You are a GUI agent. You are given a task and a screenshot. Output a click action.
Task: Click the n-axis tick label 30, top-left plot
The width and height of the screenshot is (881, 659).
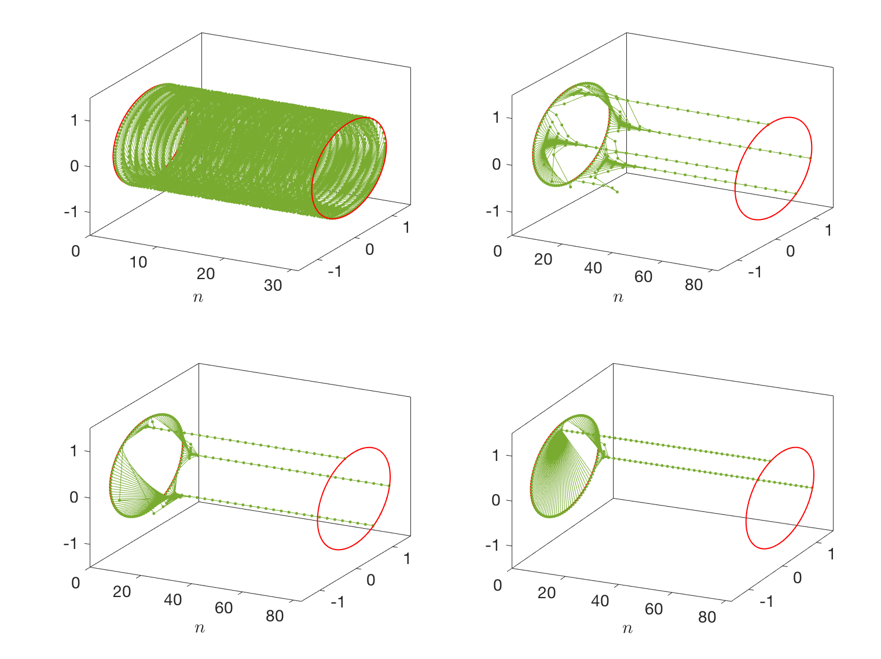[x=273, y=285]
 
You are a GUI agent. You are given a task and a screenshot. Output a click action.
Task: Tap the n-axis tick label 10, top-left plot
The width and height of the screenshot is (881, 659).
[x=138, y=262]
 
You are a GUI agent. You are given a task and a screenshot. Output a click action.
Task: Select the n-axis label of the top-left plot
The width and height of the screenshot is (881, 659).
[x=198, y=298]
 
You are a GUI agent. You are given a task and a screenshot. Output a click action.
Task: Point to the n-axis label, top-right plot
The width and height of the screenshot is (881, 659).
[x=618, y=298]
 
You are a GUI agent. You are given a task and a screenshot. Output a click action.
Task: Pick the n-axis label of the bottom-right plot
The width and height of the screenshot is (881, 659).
[x=627, y=628]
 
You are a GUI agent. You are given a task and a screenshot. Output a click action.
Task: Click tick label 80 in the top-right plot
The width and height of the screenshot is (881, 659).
[x=693, y=285]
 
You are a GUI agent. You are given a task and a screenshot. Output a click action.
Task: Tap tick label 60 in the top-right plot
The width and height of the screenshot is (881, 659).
[x=643, y=277]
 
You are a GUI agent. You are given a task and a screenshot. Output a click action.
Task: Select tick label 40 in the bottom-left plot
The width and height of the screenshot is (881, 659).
[x=172, y=599]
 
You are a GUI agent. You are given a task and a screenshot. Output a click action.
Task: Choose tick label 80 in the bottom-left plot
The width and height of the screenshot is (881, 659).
[x=274, y=616]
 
